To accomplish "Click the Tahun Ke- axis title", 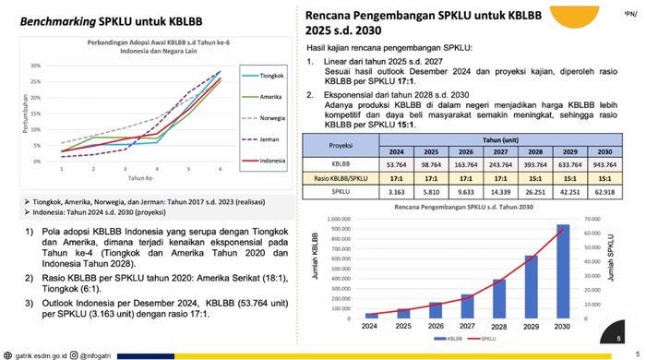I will [x=140, y=178].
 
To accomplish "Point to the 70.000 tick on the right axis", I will [x=594, y=220].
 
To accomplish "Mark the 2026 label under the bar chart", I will [x=435, y=325].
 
